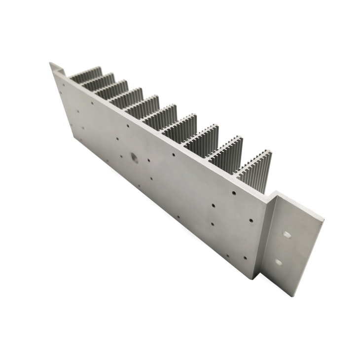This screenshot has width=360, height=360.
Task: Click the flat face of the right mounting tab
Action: tap(293, 247)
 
